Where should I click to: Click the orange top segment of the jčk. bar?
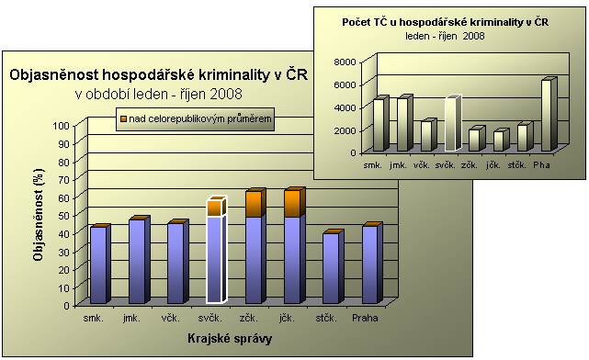292,203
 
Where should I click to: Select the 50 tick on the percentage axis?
62,215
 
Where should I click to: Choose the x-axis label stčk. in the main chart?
329,318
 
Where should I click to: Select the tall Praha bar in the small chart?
547,115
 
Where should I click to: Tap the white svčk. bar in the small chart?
450,123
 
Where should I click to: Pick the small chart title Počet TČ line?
445,20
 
